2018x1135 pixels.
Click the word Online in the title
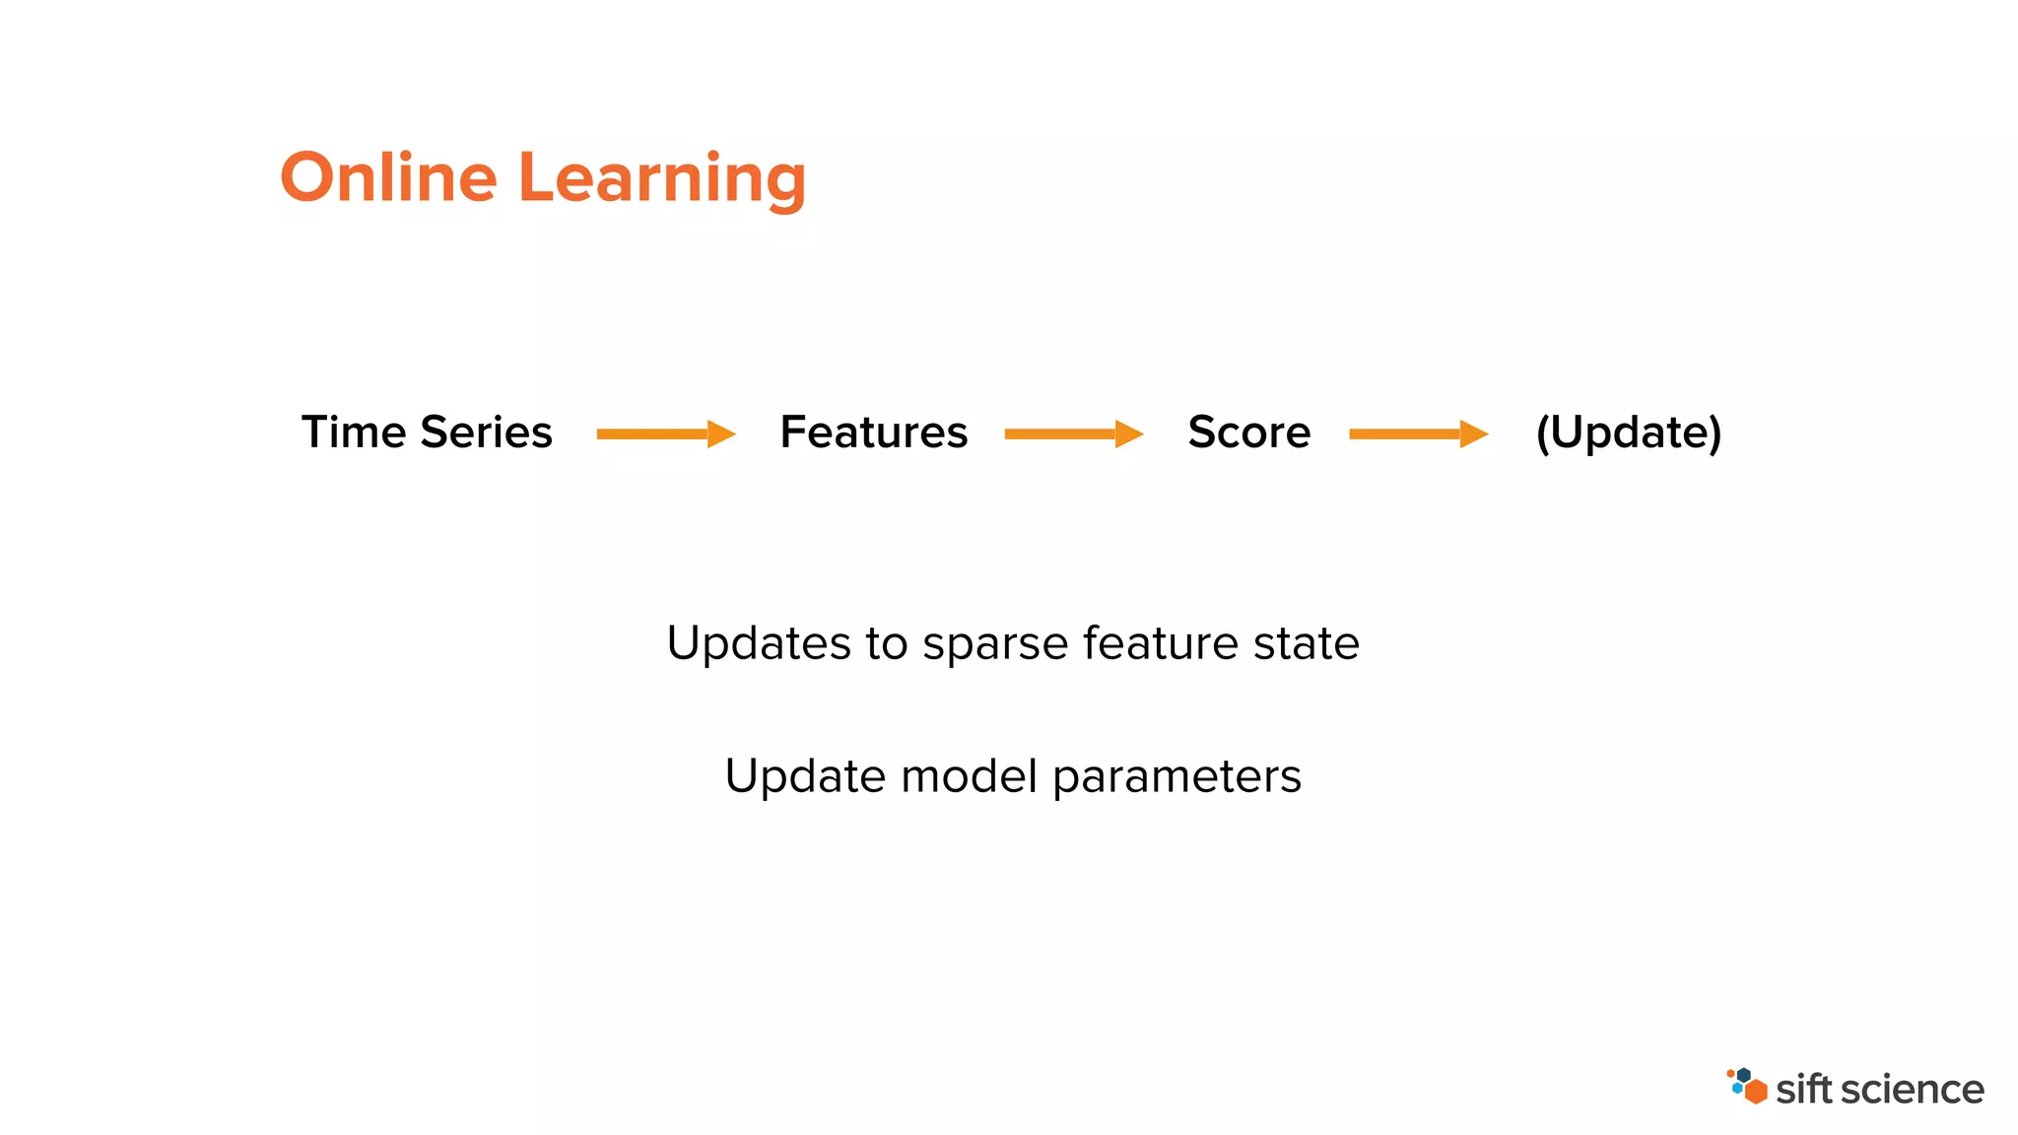tap(388, 178)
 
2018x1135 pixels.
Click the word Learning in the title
tap(661, 178)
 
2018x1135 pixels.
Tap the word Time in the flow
tap(353, 433)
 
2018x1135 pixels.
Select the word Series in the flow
tap(486, 433)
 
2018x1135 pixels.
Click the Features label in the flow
tap(873, 433)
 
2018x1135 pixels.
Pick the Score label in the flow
tap(1248, 433)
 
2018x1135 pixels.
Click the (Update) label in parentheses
tap(1628, 433)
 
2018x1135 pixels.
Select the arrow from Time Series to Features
tap(666, 434)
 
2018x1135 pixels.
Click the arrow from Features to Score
tap(1073, 434)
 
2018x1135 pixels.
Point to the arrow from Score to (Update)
tap(1418, 434)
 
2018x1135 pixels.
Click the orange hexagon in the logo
tap(1755, 1092)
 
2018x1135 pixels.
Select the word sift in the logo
tap(1803, 1090)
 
